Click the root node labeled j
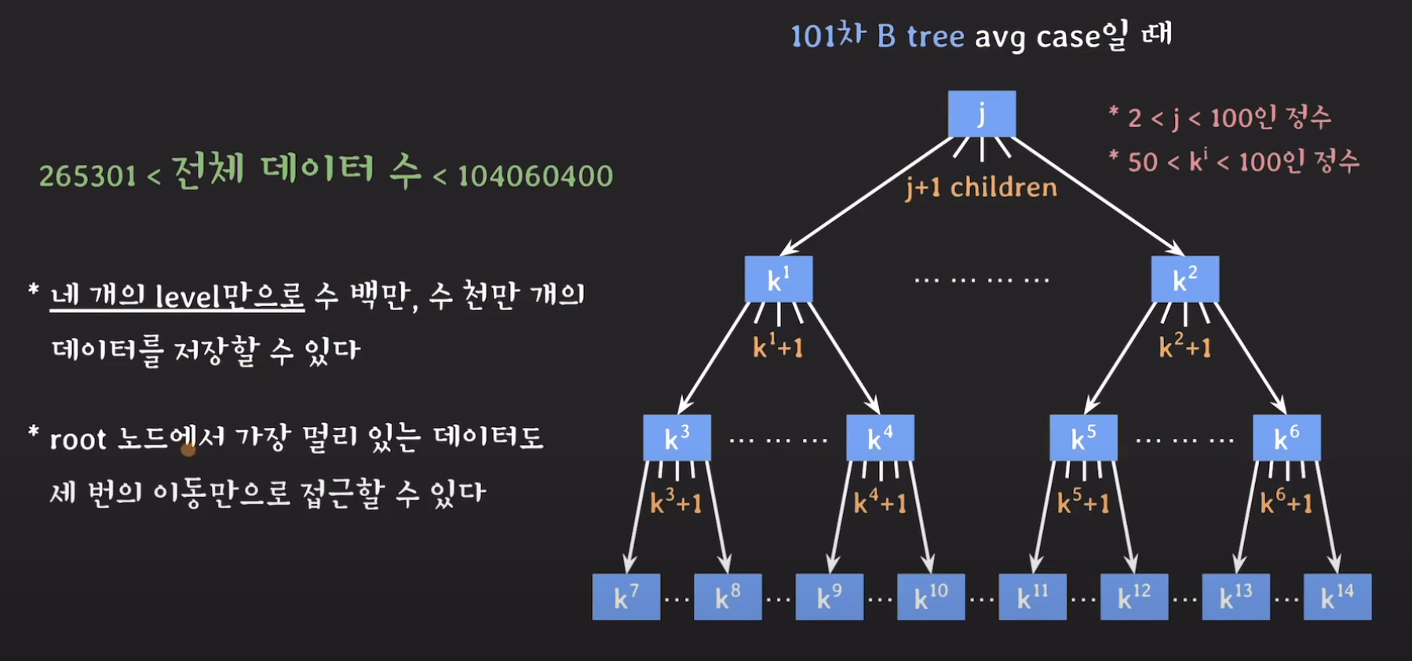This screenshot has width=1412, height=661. pos(981,114)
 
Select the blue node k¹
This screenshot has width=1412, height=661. pos(778,279)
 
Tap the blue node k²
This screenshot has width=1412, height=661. pos(1184,279)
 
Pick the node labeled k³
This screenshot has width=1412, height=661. pos(677,438)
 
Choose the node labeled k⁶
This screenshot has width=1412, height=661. pos(1286,438)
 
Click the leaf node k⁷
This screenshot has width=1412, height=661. pos(626,597)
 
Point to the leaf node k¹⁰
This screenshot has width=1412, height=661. pos(931,597)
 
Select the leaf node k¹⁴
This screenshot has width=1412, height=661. pos(1337,597)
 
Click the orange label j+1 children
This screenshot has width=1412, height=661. pos(981,188)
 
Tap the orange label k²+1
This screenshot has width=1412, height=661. pos(1185,345)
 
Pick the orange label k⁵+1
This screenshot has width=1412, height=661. pos(1083,502)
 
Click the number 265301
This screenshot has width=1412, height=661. pos(88,176)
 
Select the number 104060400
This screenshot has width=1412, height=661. pos(535,176)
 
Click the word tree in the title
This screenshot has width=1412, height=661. pos(935,37)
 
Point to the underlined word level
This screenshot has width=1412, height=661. pos(187,296)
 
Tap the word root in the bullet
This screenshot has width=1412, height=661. pos(78,440)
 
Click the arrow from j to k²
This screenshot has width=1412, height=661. pos(1099,196)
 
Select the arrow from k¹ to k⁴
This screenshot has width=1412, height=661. pos(844,358)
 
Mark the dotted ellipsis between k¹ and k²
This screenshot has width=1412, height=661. pos(981,279)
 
